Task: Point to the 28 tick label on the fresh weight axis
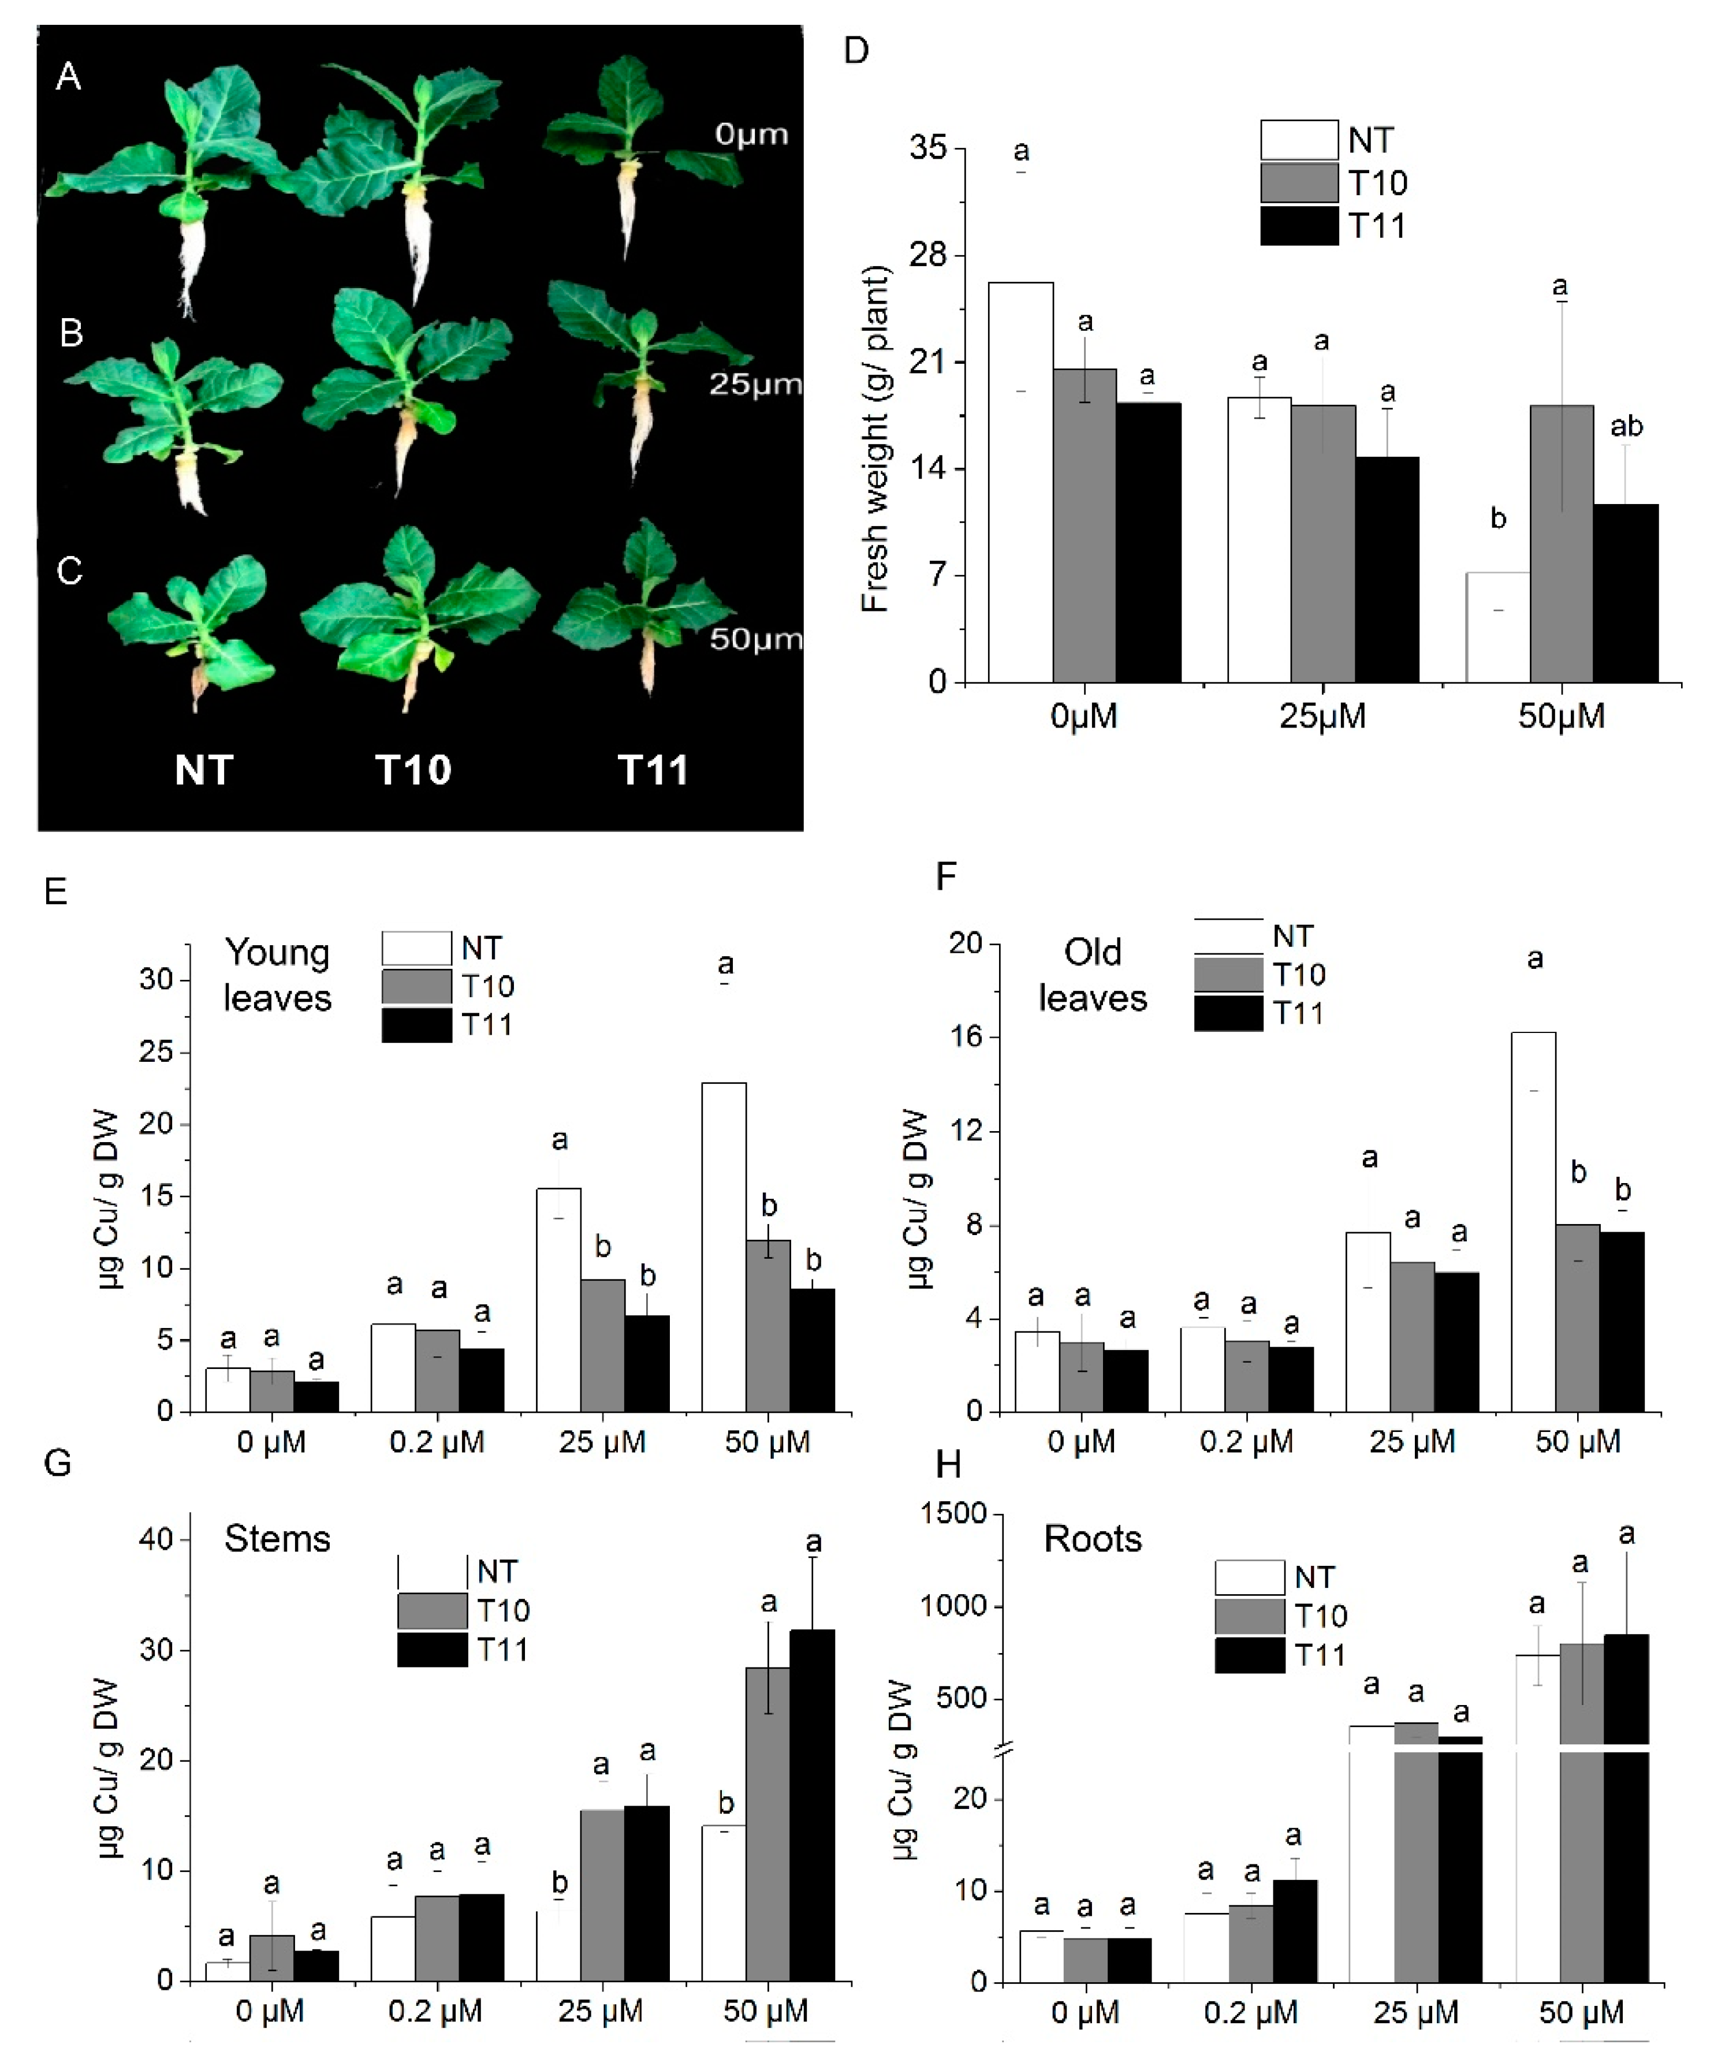pos(929,255)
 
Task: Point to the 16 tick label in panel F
pos(967,1038)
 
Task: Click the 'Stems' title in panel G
pos(278,1538)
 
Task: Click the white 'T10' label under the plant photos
pos(413,770)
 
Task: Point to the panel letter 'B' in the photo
pos(70,333)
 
